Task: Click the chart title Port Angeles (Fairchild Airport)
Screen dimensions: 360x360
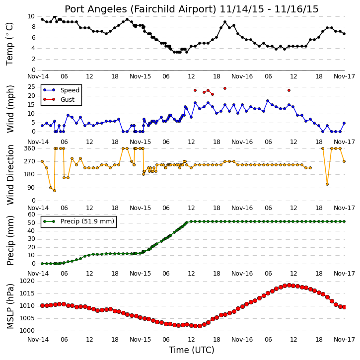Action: [x=141, y=9]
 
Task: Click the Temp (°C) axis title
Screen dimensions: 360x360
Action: [x=9, y=44]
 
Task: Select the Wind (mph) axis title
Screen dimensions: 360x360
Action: [x=10, y=109]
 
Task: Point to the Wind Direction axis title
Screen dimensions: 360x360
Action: [x=10, y=175]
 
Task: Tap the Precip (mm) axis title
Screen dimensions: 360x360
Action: [x=10, y=240]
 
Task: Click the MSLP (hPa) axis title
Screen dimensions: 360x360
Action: [x=10, y=306]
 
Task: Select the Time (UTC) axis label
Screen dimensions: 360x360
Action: [x=191, y=350]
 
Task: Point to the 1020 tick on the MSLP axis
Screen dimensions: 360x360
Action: [x=27, y=281]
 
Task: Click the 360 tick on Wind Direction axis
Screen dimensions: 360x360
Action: [x=29, y=148]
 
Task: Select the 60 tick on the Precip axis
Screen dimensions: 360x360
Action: [x=31, y=215]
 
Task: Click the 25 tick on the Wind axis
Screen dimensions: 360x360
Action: [x=31, y=87]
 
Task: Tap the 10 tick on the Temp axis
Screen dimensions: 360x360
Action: [x=31, y=16]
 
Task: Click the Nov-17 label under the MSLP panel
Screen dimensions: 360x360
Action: [x=344, y=339]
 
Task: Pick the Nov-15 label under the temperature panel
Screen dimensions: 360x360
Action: [x=140, y=76]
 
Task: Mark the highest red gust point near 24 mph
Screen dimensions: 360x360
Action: [x=225, y=88]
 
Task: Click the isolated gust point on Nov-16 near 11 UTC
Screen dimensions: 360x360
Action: [x=289, y=90]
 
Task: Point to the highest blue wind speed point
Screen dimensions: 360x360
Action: [x=268, y=101]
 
